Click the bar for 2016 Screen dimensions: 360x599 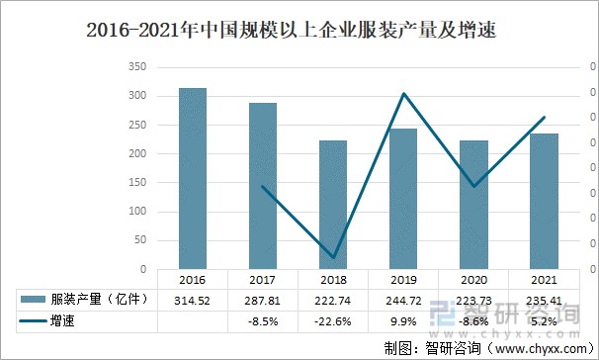tap(193, 179)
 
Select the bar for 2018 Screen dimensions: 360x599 tap(333, 205)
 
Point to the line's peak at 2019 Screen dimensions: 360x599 tap(403, 94)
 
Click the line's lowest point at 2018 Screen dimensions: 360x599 tap(333, 256)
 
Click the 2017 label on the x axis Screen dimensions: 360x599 tap(263, 280)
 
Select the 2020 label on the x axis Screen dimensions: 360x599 tap(473, 280)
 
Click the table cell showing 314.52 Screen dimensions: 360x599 tap(193, 300)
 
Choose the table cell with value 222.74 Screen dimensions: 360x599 tap(333, 300)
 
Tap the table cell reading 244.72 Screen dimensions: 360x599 tap(403, 300)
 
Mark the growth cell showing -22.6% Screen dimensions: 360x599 tap(333, 321)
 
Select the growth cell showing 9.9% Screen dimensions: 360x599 tap(403, 321)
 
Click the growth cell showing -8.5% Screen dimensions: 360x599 tap(263, 321)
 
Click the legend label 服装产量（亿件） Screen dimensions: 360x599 tap(100, 300)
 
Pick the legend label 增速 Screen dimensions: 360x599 tap(64, 321)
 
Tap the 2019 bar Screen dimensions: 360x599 tap(403, 199)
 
